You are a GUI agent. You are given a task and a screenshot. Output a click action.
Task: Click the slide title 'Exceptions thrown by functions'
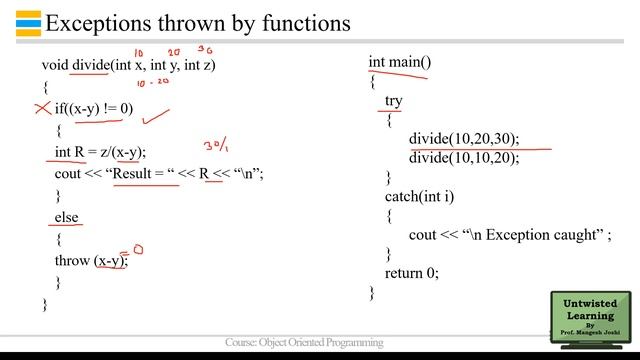(198, 21)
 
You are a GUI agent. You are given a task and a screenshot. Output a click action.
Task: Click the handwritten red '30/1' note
(216, 147)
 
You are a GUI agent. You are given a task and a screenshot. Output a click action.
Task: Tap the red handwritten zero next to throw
(138, 249)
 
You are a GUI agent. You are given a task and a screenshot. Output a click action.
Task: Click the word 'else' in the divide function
(66, 216)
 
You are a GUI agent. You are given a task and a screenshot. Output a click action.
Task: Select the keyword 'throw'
(73, 260)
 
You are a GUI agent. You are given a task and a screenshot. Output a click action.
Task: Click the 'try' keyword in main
(393, 101)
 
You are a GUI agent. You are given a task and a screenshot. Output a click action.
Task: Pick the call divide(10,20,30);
(464, 139)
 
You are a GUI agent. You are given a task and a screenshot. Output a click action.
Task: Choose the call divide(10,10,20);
(464, 158)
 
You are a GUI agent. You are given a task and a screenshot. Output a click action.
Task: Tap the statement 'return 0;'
(411, 272)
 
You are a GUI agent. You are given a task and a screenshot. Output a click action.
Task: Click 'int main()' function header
(400, 62)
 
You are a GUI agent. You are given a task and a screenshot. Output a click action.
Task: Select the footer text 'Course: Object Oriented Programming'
(304, 342)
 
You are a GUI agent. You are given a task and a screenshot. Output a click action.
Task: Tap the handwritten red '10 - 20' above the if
(152, 84)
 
